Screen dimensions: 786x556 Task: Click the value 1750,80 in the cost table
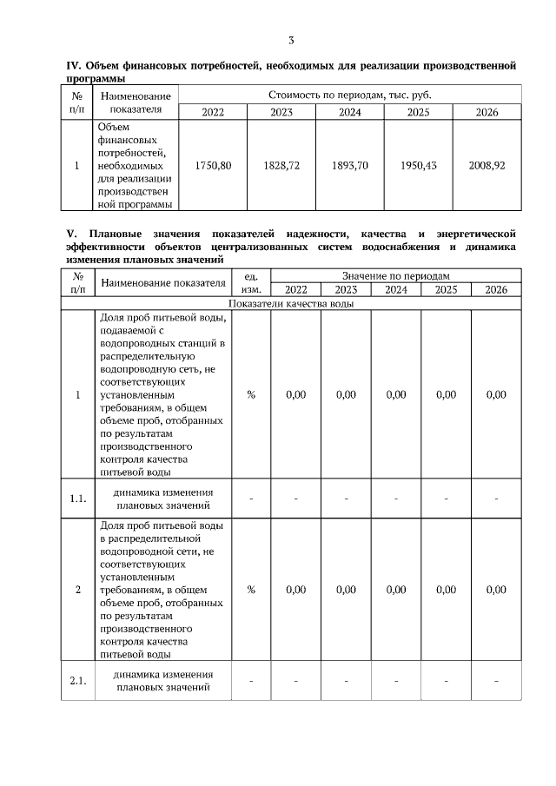pyautogui.click(x=213, y=165)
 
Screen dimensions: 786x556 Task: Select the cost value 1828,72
pyautogui.click(x=281, y=165)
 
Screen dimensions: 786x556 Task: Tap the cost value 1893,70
pyautogui.click(x=350, y=165)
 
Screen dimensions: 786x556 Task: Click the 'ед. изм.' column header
pyautogui.click(x=251, y=282)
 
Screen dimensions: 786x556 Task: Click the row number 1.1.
pyautogui.click(x=78, y=499)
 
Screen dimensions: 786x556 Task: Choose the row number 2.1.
pyautogui.click(x=78, y=681)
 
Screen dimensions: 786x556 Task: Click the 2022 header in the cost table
pyautogui.click(x=213, y=112)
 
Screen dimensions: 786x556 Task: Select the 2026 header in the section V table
pyautogui.click(x=496, y=290)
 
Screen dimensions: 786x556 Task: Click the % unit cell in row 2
pyautogui.click(x=251, y=590)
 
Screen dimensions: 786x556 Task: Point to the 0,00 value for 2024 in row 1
pyautogui.click(x=396, y=394)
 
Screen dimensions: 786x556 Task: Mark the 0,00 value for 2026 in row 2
pyautogui.click(x=496, y=590)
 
